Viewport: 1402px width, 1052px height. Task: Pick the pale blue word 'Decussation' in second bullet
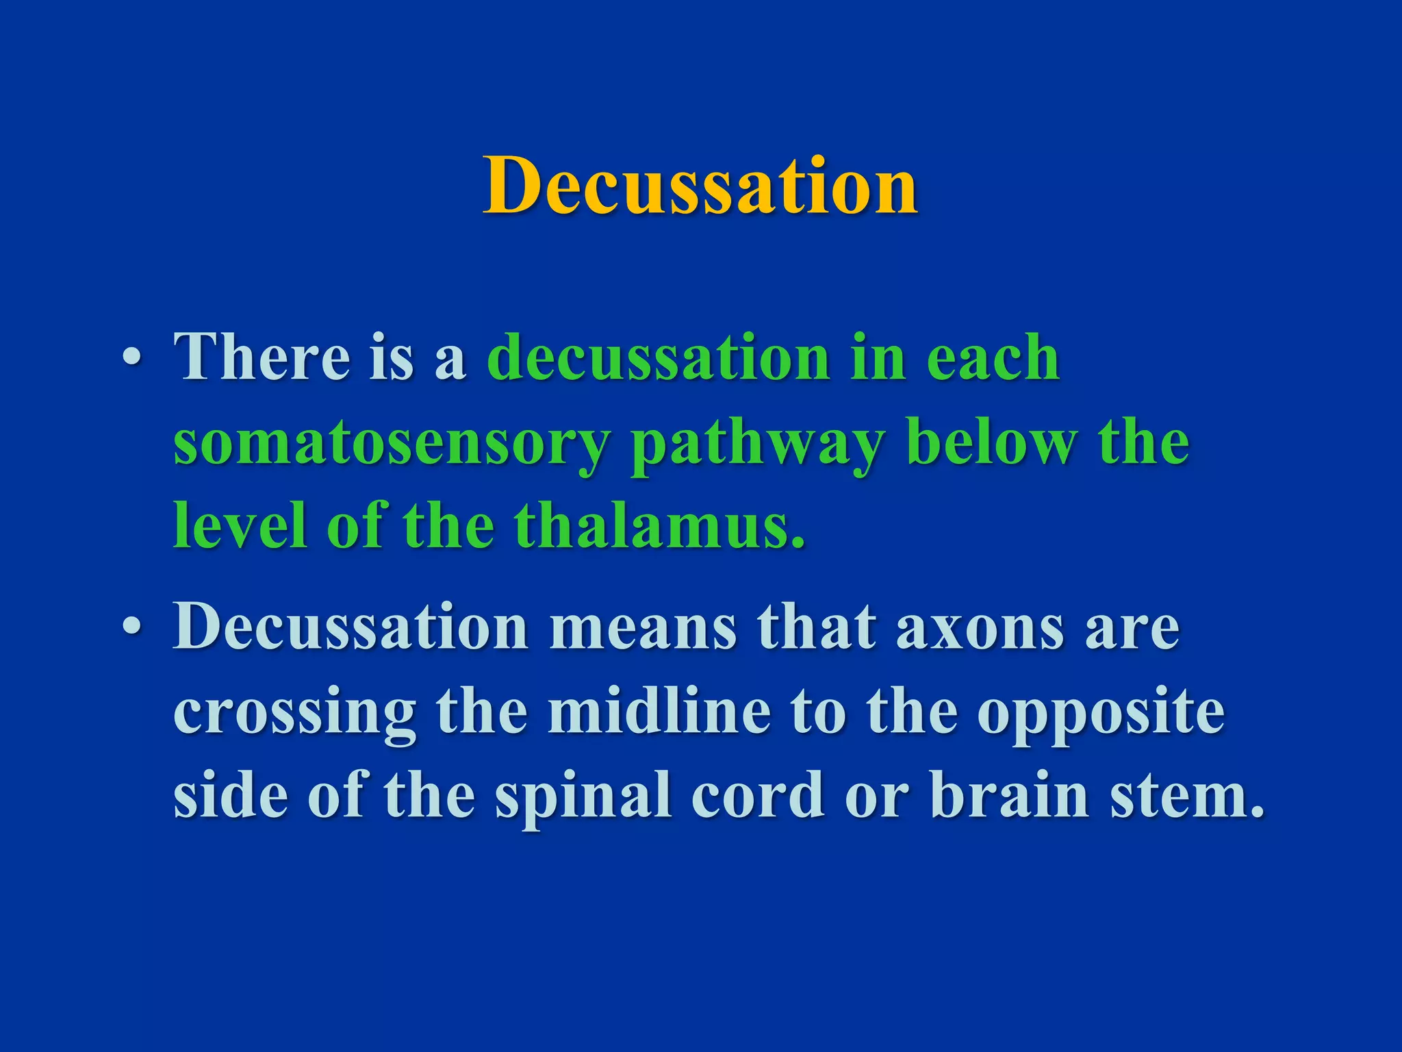click(x=350, y=627)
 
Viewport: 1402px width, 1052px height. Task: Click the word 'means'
click(x=643, y=627)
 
